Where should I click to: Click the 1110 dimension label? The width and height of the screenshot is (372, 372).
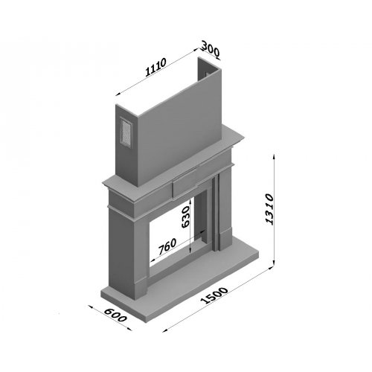(x=155, y=67)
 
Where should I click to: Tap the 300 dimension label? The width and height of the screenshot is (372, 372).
(x=211, y=49)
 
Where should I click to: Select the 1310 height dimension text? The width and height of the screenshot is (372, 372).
(x=269, y=210)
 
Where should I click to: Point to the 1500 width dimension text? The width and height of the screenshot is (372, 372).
(x=215, y=295)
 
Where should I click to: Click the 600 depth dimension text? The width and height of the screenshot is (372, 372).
(x=115, y=315)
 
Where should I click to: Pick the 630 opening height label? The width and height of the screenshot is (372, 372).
(x=185, y=217)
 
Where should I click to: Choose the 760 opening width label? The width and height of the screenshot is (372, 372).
(x=167, y=246)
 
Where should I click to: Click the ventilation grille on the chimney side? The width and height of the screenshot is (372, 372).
(x=126, y=132)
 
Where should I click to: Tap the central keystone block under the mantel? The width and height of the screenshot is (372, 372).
(x=185, y=183)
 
